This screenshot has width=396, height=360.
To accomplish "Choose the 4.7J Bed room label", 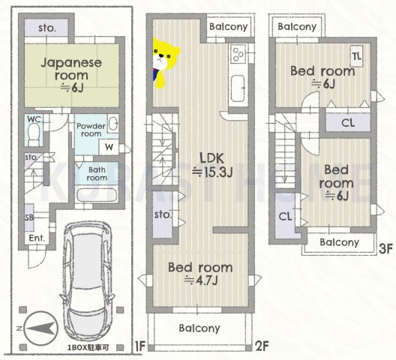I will coord(199,274).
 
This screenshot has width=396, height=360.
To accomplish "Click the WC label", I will coord(33,119).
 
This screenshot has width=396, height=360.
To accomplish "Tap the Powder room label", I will coord(91,129).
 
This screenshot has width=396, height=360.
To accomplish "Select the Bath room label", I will coord(97,174).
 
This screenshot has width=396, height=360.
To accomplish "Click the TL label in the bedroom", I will coord(357,55).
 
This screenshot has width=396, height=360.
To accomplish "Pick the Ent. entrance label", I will coord(37,239).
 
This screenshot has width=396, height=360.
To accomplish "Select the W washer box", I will coord(109,148).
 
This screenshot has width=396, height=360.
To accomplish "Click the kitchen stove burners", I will coord(238,54).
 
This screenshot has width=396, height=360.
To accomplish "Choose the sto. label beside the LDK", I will coord(163,215).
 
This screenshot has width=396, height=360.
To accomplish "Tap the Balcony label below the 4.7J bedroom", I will coord(199,328).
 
